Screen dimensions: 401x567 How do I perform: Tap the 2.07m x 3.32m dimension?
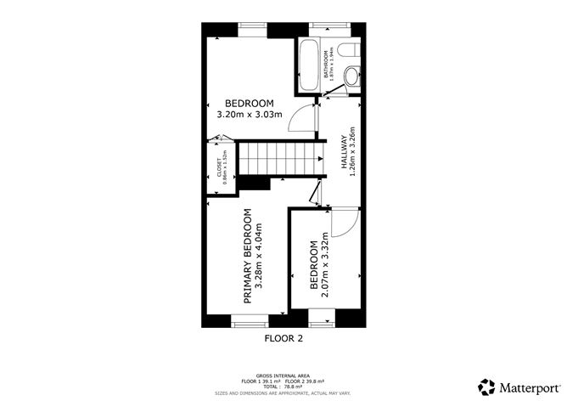(x=325, y=266)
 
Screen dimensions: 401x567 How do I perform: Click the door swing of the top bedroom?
(x=300, y=121)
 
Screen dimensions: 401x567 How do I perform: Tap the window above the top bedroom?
(x=252, y=27)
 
